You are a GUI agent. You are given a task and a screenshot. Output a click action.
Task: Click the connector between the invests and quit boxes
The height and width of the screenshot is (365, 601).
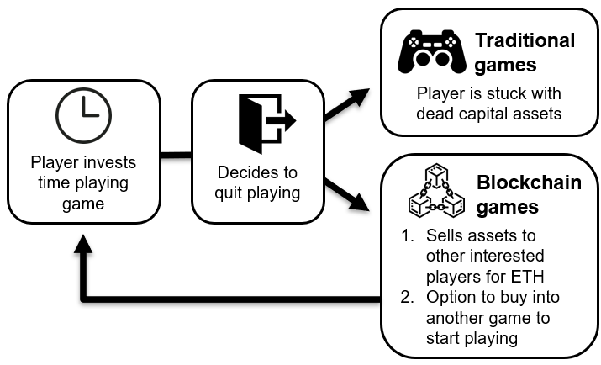click(x=177, y=154)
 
